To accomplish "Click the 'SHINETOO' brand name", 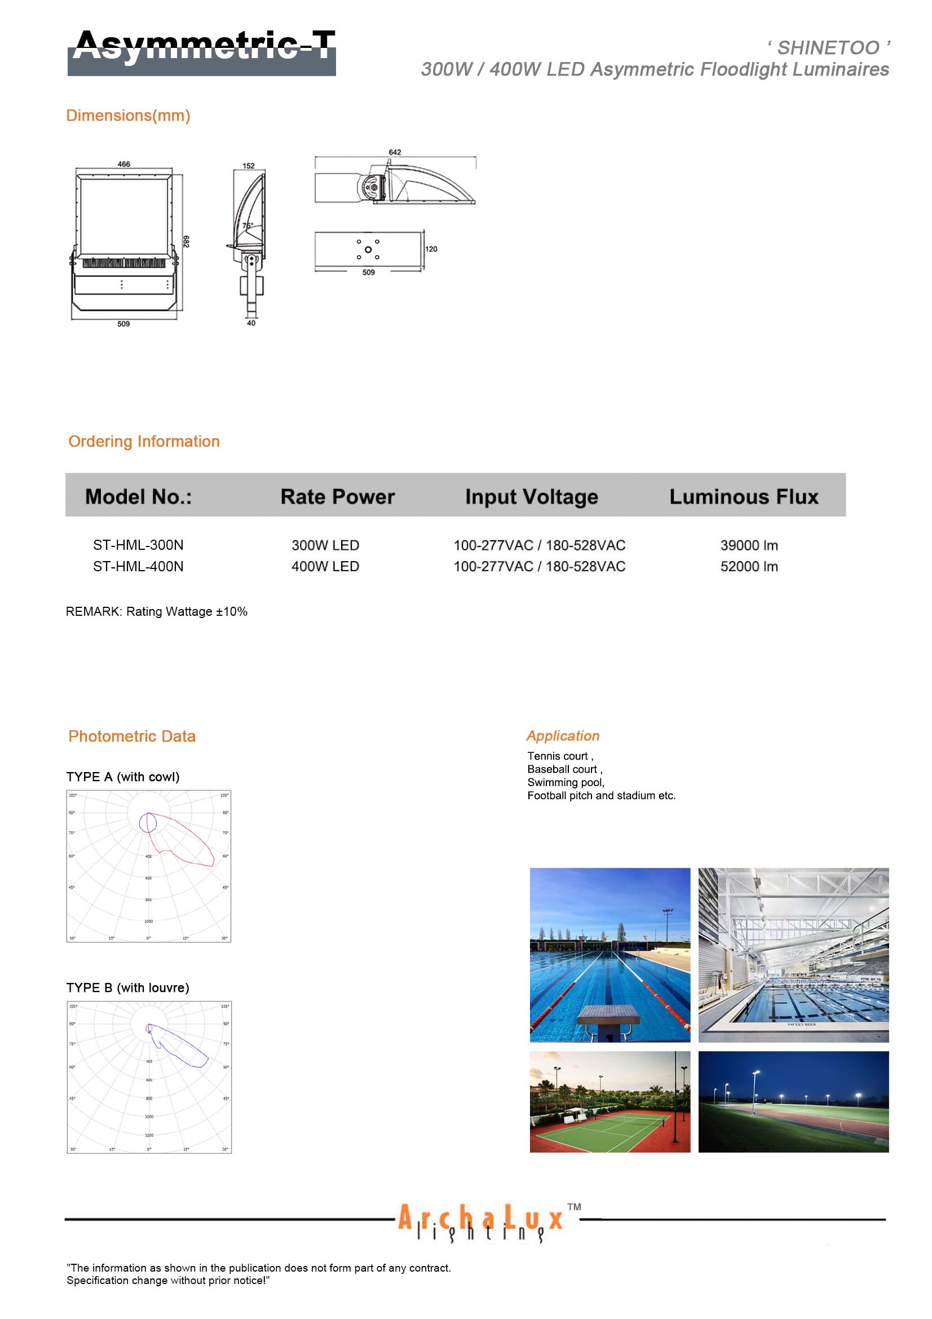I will [828, 48].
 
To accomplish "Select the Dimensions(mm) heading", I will [128, 116].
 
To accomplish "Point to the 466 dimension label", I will [123, 164].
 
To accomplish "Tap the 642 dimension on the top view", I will [395, 152].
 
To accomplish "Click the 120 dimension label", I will [431, 249].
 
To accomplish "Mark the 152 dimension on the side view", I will [248, 166].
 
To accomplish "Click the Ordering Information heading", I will [144, 441].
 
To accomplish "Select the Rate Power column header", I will [337, 497].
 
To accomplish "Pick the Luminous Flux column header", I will [744, 497].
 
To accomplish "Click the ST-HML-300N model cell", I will [138, 545].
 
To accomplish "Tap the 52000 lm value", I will [749, 566].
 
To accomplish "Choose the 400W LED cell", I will [325, 566].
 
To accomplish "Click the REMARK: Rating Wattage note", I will [156, 611].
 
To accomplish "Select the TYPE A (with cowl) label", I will [123, 777].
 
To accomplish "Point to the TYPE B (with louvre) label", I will [127, 987].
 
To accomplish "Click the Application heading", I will [563, 736].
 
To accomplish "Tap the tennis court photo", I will [610, 1101].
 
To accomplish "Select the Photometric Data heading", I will [131, 736].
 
